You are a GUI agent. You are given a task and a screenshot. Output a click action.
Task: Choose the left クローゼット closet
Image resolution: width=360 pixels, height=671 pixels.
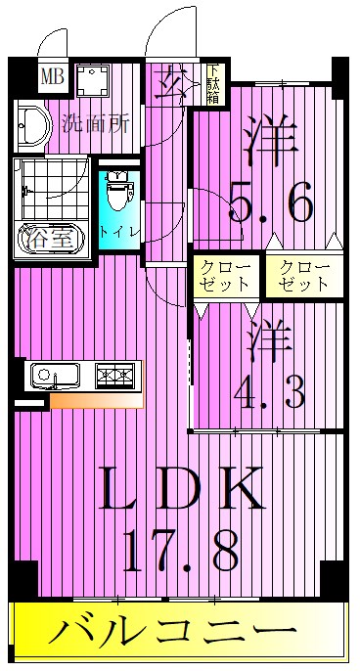227,276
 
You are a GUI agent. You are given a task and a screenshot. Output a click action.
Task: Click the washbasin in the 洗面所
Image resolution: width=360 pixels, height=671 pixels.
30,125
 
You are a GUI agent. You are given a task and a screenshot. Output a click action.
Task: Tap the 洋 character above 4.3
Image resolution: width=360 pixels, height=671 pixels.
270,337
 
